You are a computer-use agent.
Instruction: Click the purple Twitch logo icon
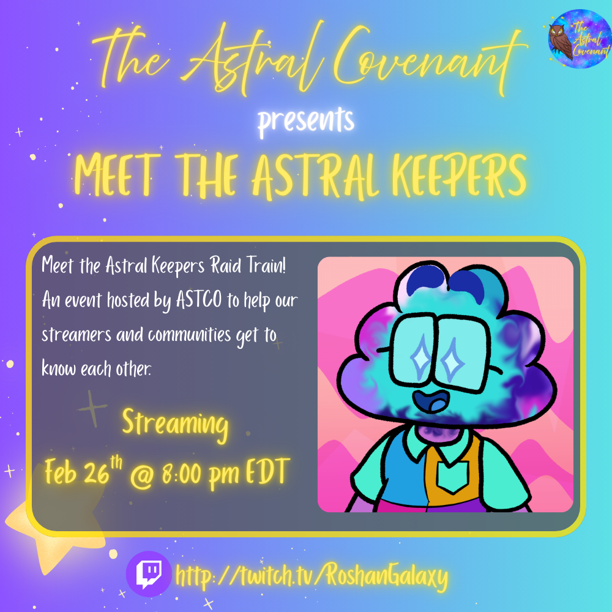pos(149,574)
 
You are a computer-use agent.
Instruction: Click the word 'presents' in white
pos(306,121)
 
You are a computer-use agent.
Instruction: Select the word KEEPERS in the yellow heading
pos(459,176)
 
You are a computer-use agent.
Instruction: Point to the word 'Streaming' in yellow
pos(175,425)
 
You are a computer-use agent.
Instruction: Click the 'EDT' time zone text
pos(268,472)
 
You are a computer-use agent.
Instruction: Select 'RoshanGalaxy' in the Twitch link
pos(387,576)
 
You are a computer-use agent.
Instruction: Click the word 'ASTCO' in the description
pos(199,300)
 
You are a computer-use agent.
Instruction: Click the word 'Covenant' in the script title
pos(430,59)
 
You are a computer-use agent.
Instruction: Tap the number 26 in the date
pos(97,474)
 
